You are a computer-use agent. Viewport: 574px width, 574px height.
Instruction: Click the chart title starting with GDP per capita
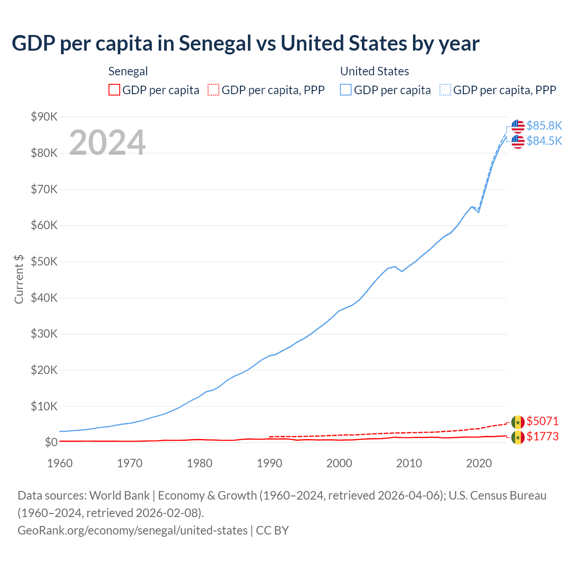(x=245, y=43)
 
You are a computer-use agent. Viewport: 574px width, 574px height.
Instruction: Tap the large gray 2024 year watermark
(x=107, y=143)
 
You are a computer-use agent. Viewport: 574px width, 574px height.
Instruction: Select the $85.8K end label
(x=544, y=126)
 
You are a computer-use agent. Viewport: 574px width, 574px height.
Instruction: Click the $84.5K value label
(x=544, y=141)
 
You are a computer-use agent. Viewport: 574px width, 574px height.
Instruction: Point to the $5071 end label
(x=542, y=421)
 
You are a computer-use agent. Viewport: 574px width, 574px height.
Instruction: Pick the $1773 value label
(x=542, y=436)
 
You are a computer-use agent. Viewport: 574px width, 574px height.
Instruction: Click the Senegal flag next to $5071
(x=517, y=422)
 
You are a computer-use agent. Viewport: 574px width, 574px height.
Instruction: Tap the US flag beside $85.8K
(x=517, y=126)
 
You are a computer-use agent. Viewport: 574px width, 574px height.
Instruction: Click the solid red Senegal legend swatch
(x=114, y=90)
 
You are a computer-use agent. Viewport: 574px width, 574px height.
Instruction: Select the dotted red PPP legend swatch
(x=213, y=90)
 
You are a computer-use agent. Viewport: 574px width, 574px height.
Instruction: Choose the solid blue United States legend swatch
(x=346, y=90)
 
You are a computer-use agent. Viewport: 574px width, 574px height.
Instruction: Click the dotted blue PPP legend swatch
(x=445, y=90)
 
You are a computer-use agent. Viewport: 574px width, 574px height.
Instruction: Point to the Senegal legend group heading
(x=128, y=71)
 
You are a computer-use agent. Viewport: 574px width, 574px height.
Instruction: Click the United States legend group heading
(x=374, y=71)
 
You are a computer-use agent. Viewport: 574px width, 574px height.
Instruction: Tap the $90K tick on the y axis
(x=44, y=117)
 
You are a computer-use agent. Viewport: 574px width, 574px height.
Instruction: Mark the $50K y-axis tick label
(x=44, y=262)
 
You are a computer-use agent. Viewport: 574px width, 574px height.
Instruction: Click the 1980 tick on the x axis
(x=200, y=463)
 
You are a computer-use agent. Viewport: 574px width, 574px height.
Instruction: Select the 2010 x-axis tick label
(x=409, y=463)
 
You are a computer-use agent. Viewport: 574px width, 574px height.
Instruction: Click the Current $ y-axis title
(x=19, y=279)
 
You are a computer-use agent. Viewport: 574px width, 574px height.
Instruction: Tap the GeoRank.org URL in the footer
(x=132, y=531)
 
